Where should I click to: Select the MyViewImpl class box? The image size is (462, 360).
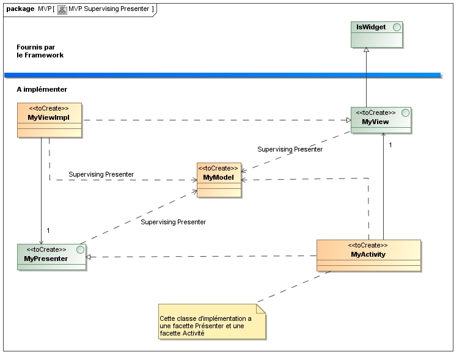50,120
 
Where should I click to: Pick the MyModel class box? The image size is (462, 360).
218,180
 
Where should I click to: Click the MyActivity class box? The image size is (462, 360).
369,255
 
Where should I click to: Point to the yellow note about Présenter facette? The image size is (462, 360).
212,321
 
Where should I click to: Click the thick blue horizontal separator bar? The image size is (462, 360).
222,75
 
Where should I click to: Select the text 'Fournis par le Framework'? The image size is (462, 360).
40,51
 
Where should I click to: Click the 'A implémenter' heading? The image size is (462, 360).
42,89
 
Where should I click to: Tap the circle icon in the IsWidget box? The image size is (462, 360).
396,28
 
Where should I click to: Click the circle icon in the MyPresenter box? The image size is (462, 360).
79,250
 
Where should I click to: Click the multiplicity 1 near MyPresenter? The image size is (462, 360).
48,230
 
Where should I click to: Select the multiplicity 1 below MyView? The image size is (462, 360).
391,145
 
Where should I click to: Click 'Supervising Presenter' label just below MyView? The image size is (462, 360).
290,149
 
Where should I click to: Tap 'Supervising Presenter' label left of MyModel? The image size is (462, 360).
101,174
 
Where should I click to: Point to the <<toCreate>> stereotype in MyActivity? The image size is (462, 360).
368,244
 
